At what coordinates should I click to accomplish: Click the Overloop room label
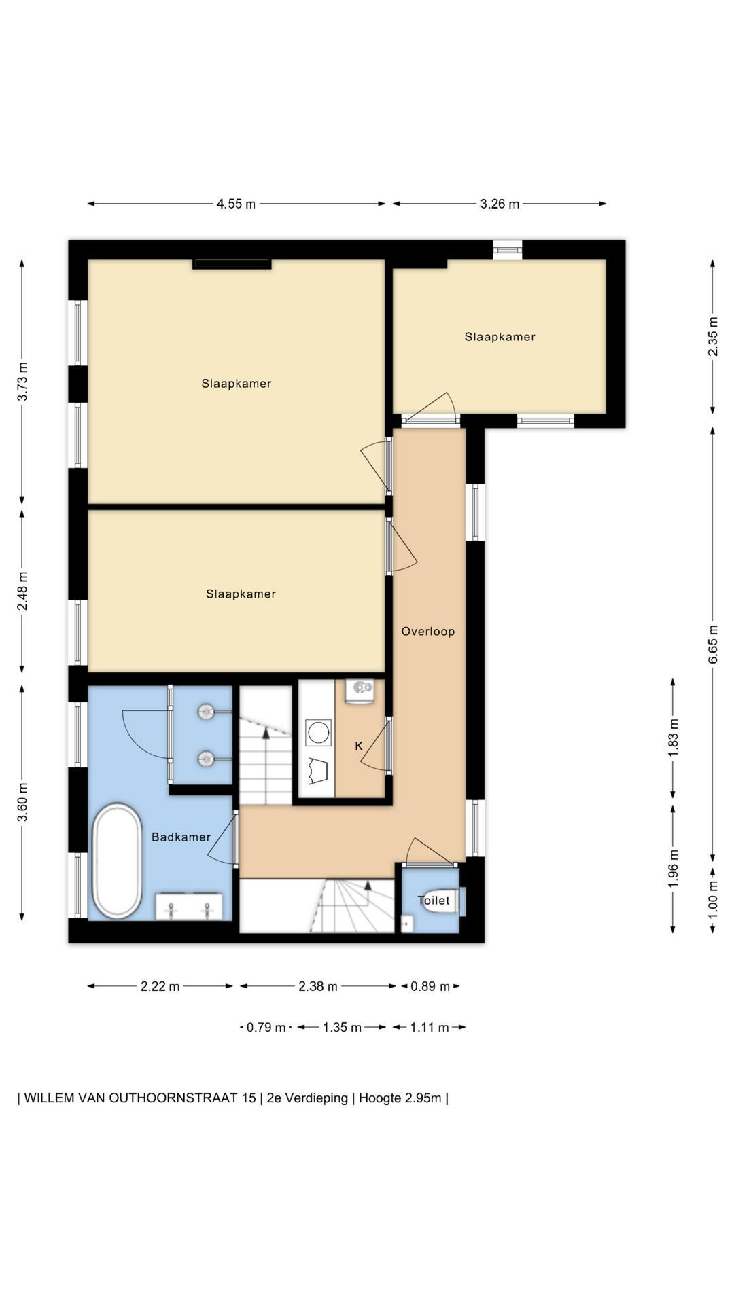pyautogui.click(x=427, y=631)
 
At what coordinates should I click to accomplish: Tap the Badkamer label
pyautogui.click(x=181, y=837)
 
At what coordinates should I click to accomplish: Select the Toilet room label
pyautogui.click(x=434, y=900)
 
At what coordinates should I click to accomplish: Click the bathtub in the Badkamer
pyautogui.click(x=117, y=861)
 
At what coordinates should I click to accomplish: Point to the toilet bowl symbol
pyautogui.click(x=447, y=901)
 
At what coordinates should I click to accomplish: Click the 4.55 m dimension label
pyautogui.click(x=236, y=204)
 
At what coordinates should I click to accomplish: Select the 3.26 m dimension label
pyautogui.click(x=500, y=204)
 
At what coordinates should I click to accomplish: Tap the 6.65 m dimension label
pyautogui.click(x=713, y=644)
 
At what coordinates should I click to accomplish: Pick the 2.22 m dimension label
pyautogui.click(x=160, y=986)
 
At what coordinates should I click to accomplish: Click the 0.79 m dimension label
pyautogui.click(x=266, y=1027)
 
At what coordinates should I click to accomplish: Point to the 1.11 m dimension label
pyautogui.click(x=430, y=1027)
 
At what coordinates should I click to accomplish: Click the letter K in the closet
pyautogui.click(x=359, y=746)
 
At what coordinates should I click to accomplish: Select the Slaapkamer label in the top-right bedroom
pyautogui.click(x=500, y=336)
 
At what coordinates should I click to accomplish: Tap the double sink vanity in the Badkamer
pyautogui.click(x=189, y=906)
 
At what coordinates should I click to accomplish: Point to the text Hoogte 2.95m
pyautogui.click(x=400, y=1098)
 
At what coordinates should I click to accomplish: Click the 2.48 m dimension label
pyautogui.click(x=22, y=590)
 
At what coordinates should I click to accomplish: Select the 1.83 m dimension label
pyautogui.click(x=673, y=738)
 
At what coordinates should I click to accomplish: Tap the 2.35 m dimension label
pyautogui.click(x=713, y=336)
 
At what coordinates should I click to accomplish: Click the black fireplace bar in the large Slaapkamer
pyautogui.click(x=232, y=264)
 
